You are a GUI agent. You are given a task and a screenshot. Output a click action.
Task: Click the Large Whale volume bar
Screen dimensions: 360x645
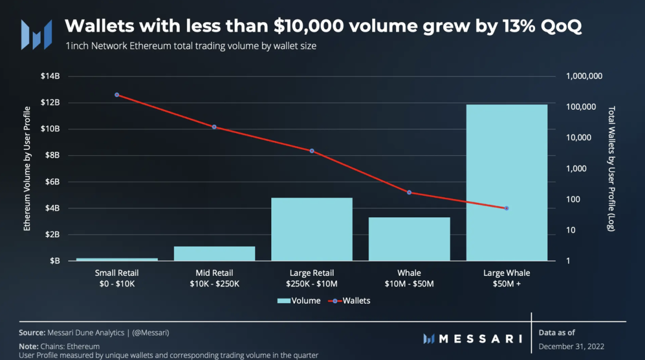coord(506,183)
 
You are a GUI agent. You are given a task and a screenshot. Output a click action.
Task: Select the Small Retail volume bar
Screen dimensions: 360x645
coord(117,259)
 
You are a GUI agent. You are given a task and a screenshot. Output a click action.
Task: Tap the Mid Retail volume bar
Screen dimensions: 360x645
coord(214,253)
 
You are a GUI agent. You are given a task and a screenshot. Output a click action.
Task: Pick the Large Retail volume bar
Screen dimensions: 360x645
coord(312,229)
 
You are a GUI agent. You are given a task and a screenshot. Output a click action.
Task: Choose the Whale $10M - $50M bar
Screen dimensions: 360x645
coord(409,239)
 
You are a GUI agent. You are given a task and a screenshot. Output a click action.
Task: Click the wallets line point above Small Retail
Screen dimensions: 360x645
coord(117,95)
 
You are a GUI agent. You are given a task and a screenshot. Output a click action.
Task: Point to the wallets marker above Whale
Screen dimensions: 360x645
coord(409,192)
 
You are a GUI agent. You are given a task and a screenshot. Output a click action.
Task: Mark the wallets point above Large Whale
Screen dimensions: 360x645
coord(506,208)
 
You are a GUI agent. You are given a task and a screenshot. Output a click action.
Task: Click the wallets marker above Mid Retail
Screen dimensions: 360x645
coord(214,127)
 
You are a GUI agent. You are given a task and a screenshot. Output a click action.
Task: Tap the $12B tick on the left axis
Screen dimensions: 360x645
coord(50,103)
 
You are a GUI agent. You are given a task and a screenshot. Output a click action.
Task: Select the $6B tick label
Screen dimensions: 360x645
coord(52,182)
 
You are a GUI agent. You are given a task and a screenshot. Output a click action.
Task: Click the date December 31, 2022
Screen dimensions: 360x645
coord(572,346)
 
